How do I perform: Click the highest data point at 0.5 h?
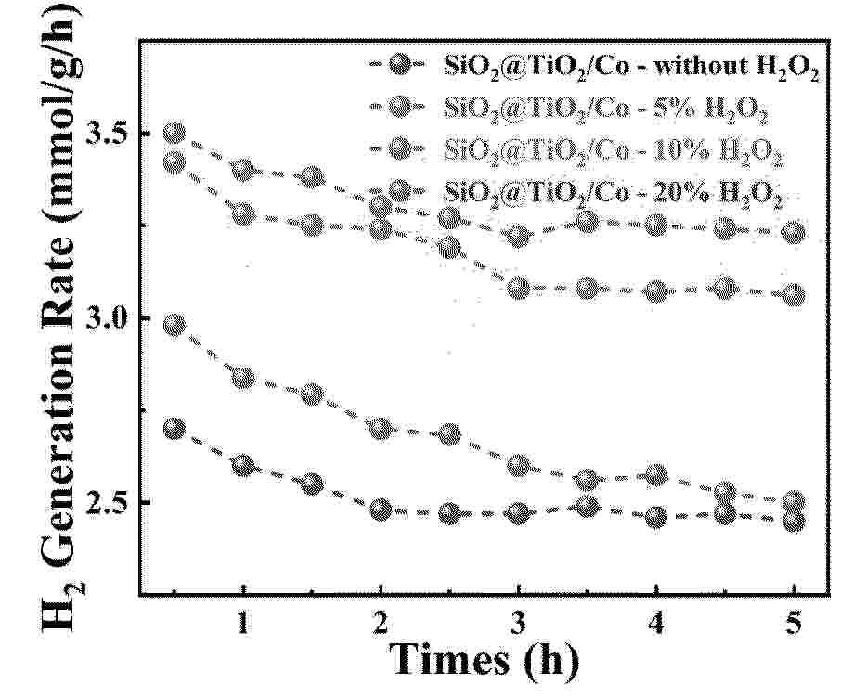click(x=174, y=134)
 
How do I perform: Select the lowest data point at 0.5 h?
click(x=174, y=429)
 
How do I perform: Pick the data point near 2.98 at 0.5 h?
click(x=174, y=325)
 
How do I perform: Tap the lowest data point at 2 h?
click(x=381, y=510)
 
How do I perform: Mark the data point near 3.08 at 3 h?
click(x=519, y=289)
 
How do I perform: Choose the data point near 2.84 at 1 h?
click(x=243, y=378)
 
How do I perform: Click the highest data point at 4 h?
click(x=656, y=225)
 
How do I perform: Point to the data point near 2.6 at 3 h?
click(x=519, y=465)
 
